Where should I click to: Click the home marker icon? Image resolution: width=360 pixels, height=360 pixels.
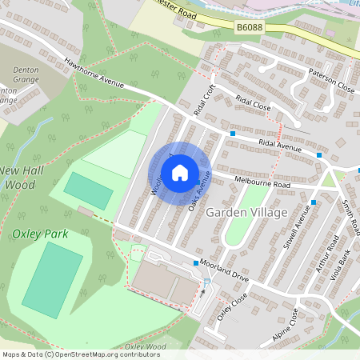pyautogui.click(x=180, y=172)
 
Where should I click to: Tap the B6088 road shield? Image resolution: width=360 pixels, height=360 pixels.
pyautogui.click(x=249, y=28)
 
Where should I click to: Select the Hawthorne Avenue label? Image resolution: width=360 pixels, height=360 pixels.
pyautogui.click(x=96, y=75)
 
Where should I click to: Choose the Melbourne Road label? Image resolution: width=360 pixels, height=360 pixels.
pyautogui.click(x=262, y=182)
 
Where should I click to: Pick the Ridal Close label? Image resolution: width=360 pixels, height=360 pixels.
pyautogui.click(x=253, y=106)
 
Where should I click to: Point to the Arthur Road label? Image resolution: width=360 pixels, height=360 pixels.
pyautogui.click(x=326, y=255)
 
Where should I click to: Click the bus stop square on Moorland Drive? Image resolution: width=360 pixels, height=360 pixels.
pyautogui.click(x=196, y=263)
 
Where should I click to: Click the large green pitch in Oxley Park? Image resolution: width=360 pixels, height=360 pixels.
pyautogui.click(x=52, y=277)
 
